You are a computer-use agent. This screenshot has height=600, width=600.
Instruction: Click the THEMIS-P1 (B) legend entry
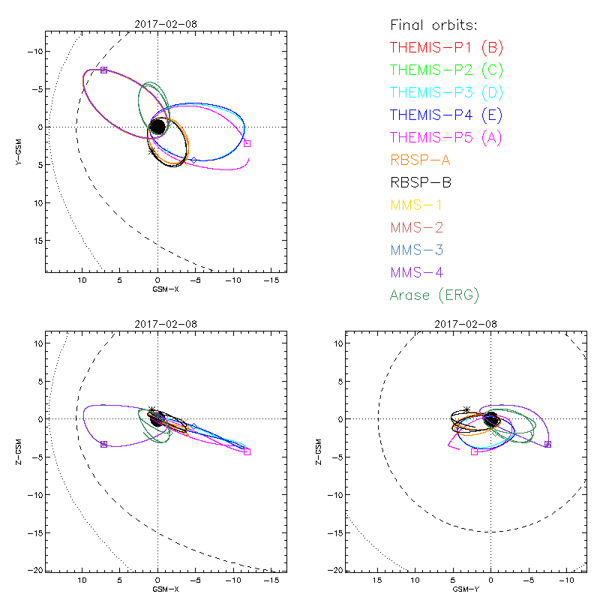446,48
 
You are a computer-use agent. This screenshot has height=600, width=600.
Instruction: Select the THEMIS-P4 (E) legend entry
446,115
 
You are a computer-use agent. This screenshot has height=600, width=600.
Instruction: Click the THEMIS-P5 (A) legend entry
446,137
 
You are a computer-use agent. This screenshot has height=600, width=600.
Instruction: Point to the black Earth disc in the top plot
158,127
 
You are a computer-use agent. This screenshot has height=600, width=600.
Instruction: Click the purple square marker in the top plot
103,70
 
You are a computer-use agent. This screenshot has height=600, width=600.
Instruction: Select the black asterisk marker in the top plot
152,151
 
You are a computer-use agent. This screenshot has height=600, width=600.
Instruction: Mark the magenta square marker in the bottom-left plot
247,451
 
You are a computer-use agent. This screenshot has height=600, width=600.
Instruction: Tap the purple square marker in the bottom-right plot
547,444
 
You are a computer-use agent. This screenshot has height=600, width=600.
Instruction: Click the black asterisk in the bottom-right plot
467,409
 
